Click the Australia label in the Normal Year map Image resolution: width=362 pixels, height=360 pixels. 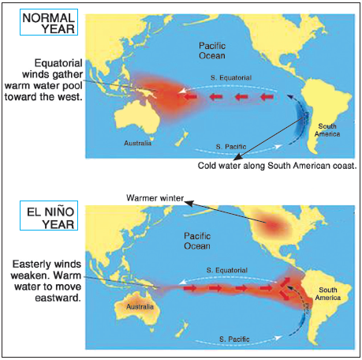[x=136, y=144]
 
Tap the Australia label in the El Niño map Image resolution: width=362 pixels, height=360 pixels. [x=139, y=306]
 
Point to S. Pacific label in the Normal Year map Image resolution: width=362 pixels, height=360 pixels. [x=231, y=147]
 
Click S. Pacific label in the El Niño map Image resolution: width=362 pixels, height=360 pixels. [x=233, y=340]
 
